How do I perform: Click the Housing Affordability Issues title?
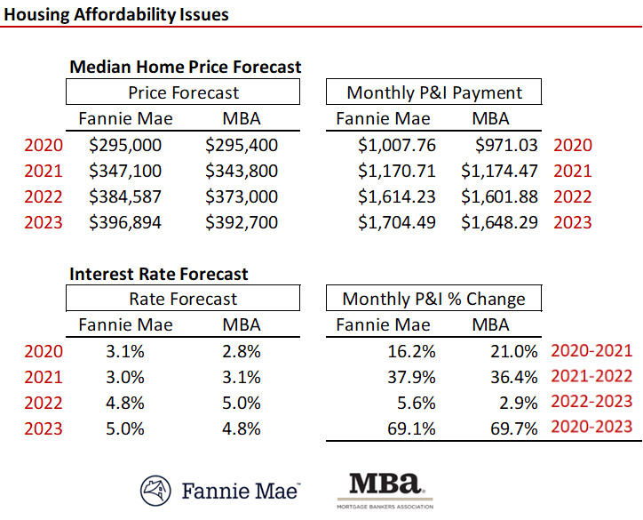coord(115,14)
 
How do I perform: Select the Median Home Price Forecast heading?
coord(185,67)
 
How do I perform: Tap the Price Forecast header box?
coord(184,92)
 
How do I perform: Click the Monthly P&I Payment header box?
coord(433,92)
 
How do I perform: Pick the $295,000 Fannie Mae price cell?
coord(125,145)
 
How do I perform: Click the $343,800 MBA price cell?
coord(242,171)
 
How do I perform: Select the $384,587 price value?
coord(125,196)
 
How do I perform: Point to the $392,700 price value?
coord(242,222)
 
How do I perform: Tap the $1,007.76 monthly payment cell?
coord(397,145)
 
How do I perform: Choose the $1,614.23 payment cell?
coord(397,196)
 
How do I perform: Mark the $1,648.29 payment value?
coord(499,222)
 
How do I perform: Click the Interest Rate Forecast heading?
coord(159,274)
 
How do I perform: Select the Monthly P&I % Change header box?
coord(433,300)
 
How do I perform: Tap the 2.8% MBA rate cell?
coord(242,351)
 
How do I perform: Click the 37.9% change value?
coord(414,377)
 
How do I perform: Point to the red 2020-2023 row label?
coord(591,428)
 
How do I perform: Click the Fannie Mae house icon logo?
coord(156,490)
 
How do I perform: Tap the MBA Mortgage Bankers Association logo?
coord(385,490)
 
